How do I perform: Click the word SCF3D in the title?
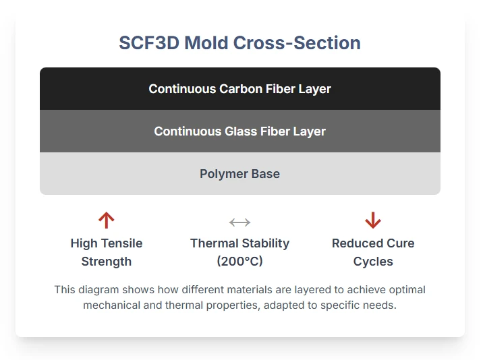pyautogui.click(x=149, y=42)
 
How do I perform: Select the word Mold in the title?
pyautogui.click(x=206, y=42)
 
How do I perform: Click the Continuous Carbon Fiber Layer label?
pyautogui.click(x=240, y=89)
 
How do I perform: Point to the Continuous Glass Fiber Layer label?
pyautogui.click(x=240, y=131)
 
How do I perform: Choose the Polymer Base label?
pyautogui.click(x=240, y=174)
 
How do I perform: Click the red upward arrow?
pyautogui.click(x=107, y=220)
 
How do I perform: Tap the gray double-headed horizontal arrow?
pyautogui.click(x=240, y=222)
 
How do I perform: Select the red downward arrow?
pyautogui.click(x=373, y=220)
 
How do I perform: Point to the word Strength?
pyautogui.click(x=107, y=262)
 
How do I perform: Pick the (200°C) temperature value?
pyautogui.click(x=240, y=261)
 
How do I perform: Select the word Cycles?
pyautogui.click(x=373, y=262)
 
